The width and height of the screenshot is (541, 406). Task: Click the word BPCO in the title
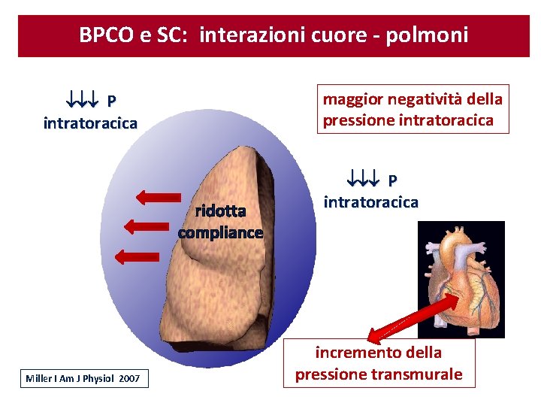coord(106,35)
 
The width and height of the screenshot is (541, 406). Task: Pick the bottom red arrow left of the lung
coord(136,256)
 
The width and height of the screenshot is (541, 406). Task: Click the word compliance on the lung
coord(220,232)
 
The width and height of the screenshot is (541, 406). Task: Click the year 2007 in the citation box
coord(129,378)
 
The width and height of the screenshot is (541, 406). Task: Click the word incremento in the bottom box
coord(358,352)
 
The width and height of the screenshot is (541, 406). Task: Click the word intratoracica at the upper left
coord(90,123)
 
